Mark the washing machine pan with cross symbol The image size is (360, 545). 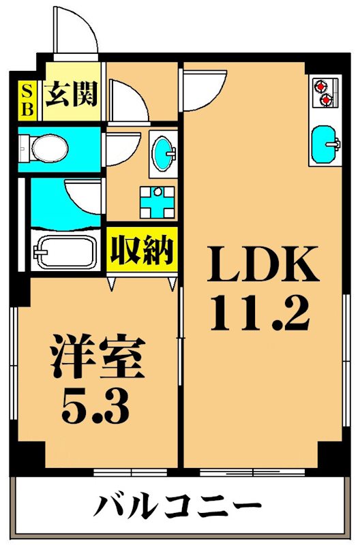[157, 202]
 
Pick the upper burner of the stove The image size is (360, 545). [321, 86]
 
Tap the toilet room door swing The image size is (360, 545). [121, 146]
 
